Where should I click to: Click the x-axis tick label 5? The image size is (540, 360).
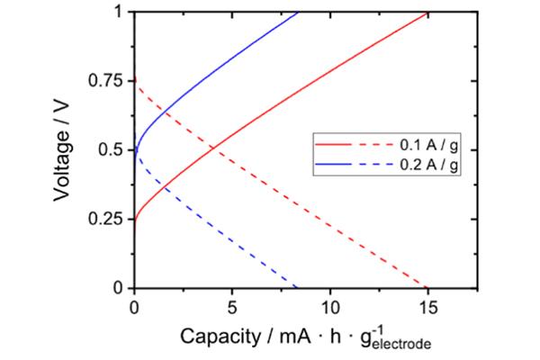[x=232, y=304]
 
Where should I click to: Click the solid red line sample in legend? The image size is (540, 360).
[x=334, y=143]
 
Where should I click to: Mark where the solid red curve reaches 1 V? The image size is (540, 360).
[x=428, y=12]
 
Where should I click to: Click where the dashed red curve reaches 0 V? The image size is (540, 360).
[x=427, y=287]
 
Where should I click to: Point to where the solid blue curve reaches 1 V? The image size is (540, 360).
[x=298, y=12]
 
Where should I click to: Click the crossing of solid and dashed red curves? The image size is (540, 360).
[x=212, y=148]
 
